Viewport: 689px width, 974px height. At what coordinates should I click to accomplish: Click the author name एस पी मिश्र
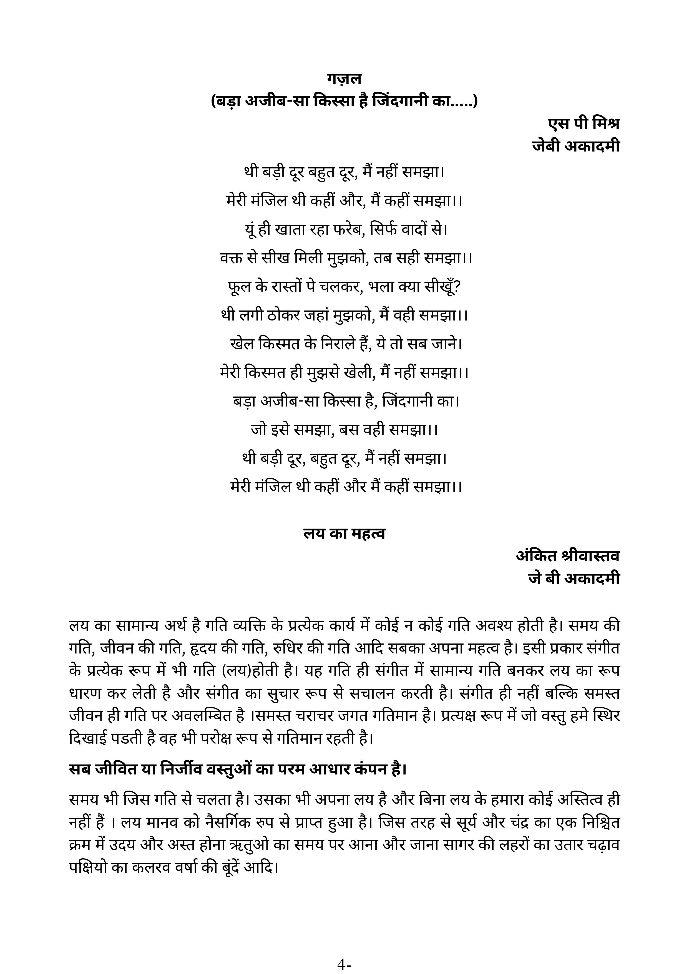pyautogui.click(x=583, y=123)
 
